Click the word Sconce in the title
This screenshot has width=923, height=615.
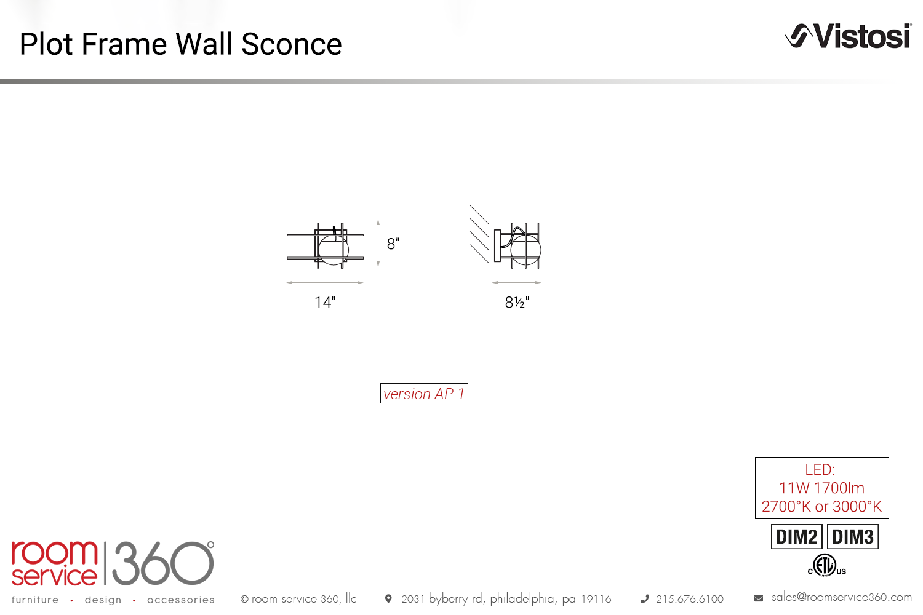pos(291,44)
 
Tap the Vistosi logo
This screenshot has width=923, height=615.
pos(848,36)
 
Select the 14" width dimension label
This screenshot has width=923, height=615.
pos(325,303)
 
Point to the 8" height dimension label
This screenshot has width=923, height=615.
pos(393,244)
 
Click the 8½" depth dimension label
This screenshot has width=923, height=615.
pos(517,303)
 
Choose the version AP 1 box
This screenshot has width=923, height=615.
pos(424,394)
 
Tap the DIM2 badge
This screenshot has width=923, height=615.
pos(796,537)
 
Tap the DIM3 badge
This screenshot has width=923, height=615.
pos(852,537)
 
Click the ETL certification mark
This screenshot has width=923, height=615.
pos(826,565)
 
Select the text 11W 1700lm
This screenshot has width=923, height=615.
pos(821,488)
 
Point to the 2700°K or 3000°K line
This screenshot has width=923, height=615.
pos(821,507)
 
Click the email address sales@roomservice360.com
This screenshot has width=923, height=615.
pos(841,597)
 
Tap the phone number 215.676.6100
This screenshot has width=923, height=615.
pos(690,599)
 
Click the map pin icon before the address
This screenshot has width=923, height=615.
pos(388,598)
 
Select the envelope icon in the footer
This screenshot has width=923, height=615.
pos(759,598)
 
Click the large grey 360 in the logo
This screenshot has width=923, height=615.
pos(163,563)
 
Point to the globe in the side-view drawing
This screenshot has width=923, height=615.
pos(525,250)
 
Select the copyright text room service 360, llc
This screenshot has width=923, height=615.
pos(298,598)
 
